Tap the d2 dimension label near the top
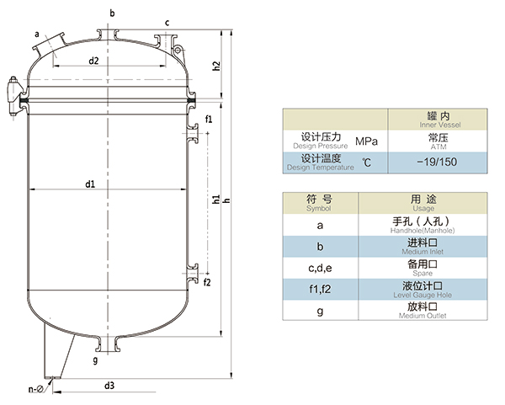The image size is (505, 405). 94,61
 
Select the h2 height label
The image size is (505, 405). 216,65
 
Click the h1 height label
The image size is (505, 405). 216,200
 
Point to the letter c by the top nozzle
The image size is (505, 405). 167,22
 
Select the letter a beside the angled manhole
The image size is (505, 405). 37,33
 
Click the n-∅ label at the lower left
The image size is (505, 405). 34,390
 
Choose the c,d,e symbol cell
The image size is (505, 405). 319,268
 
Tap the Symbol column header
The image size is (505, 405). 319,203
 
